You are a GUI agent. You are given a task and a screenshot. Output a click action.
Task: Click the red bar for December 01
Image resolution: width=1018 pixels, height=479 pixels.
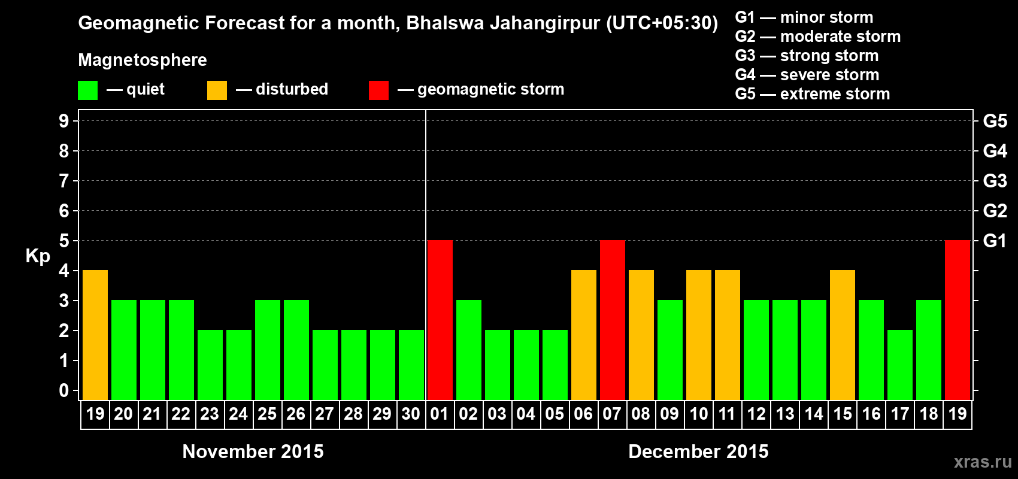tap(440, 320)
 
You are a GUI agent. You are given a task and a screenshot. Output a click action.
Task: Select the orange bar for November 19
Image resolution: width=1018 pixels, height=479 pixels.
tap(95, 335)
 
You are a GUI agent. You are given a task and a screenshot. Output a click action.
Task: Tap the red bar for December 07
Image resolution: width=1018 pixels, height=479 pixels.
tap(612, 320)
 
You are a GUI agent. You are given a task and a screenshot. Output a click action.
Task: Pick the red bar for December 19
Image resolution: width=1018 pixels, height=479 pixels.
tap(957, 320)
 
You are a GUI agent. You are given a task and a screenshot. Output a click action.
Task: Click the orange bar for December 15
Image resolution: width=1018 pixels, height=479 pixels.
tap(842, 335)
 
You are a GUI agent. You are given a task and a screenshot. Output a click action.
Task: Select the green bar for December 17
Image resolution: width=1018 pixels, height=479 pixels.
tap(899, 365)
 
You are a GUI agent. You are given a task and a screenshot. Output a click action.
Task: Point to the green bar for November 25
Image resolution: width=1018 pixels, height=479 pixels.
tap(267, 350)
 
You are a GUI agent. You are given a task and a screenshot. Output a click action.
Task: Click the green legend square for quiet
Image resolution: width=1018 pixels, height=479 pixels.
tap(87, 90)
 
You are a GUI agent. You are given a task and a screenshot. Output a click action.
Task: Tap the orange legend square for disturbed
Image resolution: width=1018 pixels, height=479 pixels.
tap(217, 90)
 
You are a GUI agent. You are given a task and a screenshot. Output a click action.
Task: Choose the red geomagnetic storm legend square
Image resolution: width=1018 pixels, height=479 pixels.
tap(378, 90)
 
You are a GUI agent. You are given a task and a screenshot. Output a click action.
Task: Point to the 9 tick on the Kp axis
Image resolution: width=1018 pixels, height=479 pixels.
tap(64, 121)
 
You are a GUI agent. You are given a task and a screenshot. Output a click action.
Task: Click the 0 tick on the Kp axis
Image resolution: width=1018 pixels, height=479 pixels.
tap(64, 391)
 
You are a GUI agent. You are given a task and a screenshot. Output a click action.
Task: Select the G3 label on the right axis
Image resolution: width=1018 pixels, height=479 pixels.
tap(995, 181)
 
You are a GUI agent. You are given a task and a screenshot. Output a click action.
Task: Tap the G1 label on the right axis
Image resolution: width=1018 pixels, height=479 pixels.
tap(995, 241)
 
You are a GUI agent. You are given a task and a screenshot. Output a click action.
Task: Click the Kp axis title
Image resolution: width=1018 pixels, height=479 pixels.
tap(38, 256)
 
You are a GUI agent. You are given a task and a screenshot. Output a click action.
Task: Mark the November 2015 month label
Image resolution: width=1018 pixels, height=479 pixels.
tap(253, 451)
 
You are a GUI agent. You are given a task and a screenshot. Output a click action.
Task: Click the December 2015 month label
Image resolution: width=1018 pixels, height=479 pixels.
tap(698, 451)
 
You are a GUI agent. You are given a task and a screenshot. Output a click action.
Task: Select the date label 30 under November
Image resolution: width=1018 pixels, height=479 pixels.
tap(411, 414)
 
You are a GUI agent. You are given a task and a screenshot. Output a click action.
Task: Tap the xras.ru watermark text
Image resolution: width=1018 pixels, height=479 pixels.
tap(982, 462)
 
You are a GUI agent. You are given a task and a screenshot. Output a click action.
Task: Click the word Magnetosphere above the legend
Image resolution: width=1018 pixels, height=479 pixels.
tap(143, 60)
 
